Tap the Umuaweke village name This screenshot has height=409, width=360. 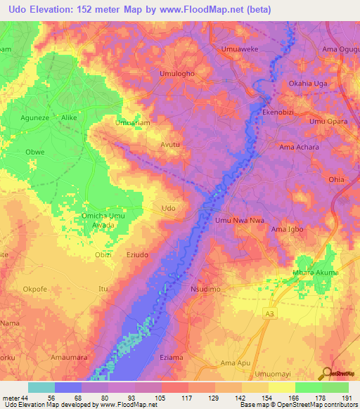pyautogui.click(x=243, y=48)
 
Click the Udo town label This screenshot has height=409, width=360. pyautogui.click(x=169, y=208)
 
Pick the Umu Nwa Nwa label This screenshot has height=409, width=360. pyautogui.click(x=240, y=221)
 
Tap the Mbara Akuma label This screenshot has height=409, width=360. pyautogui.click(x=315, y=273)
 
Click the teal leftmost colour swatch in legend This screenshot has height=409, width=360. pyautogui.click(x=41, y=387)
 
